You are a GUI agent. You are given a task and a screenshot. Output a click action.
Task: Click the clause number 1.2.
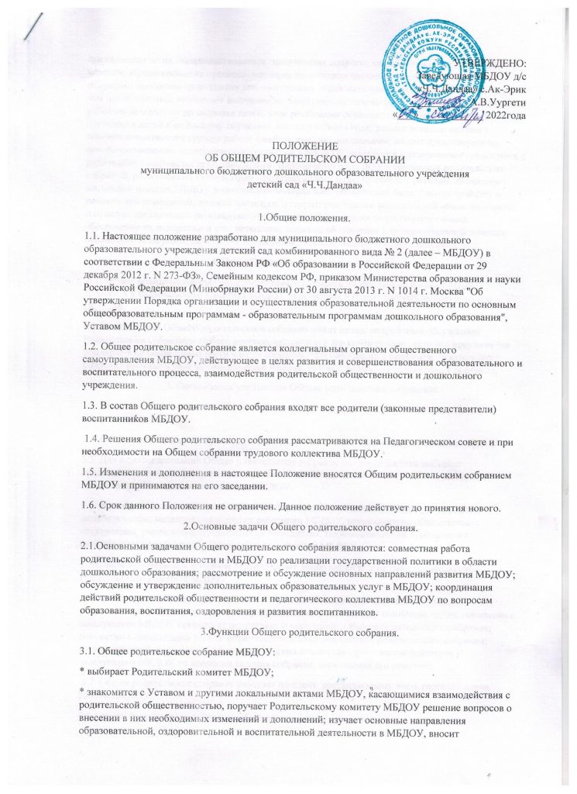pyautogui.click(x=100, y=350)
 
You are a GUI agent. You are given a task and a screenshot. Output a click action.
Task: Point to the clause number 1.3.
pyautogui.click(x=100, y=407)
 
